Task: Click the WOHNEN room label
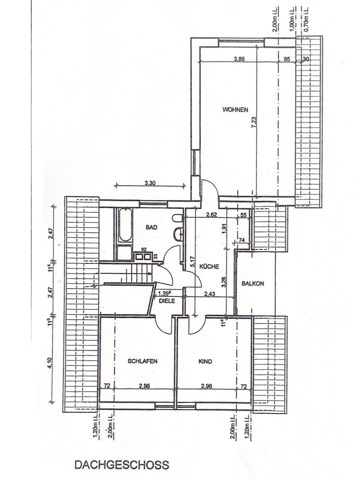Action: coord(235,109)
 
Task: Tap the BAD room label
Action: coord(152,227)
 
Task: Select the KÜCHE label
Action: coord(209,266)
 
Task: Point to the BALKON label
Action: coord(253,284)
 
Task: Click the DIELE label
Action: coord(167,301)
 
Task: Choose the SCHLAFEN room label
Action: coord(143,361)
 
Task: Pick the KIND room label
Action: coord(205,362)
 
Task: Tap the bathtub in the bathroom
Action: coord(125,225)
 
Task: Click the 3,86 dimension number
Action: coord(239,59)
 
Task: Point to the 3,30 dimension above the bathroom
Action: coord(150,183)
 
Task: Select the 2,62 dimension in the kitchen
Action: coord(212,215)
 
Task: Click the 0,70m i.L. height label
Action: coord(306,19)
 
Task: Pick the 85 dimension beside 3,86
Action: coord(287,59)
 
